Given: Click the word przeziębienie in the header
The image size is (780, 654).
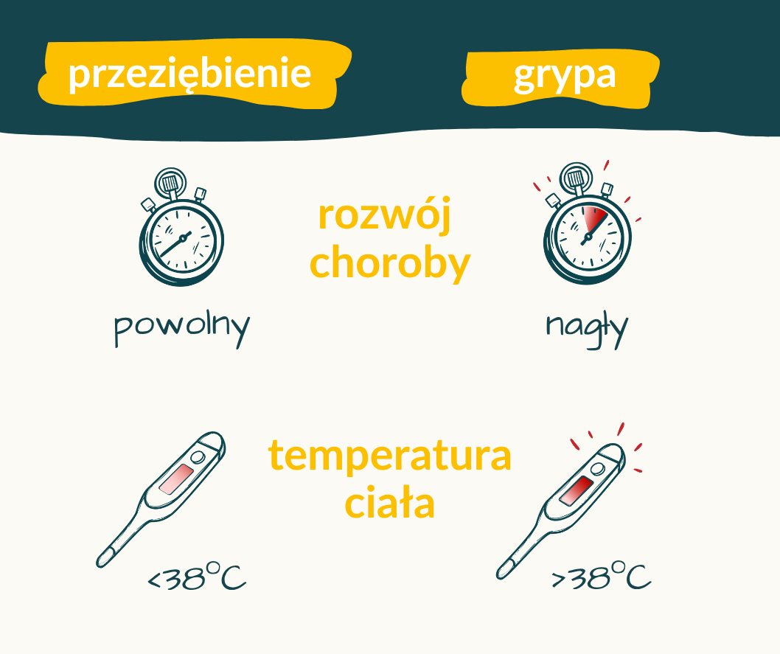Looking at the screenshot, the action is coord(189,74).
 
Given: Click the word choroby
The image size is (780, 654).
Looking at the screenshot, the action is coord(389,262).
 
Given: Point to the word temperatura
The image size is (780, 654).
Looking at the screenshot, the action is coord(389,455).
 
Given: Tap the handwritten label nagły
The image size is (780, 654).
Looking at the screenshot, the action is coord(587,329).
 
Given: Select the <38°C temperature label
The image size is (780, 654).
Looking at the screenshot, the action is coord(197,577).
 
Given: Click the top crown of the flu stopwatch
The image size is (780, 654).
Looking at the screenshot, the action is coord(576,177).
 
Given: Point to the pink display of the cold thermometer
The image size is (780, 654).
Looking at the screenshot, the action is coord(176,479).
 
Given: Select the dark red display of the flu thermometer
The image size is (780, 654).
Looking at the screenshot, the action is coord(576,490).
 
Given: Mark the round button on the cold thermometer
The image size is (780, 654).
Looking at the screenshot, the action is coord(198,457).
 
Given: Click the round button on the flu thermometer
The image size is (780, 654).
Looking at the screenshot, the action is coord(597,469).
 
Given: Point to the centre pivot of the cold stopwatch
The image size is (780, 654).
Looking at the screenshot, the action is coord(183,239).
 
